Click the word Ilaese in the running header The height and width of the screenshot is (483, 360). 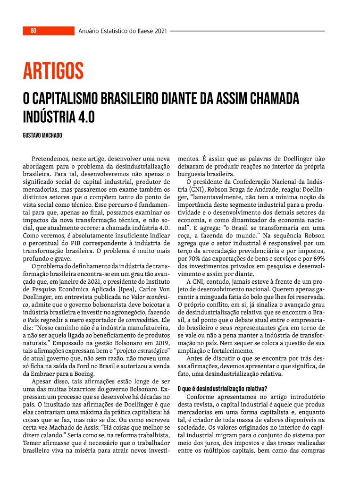(x=144, y=31)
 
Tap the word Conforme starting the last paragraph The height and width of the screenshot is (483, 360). (x=202, y=397)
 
